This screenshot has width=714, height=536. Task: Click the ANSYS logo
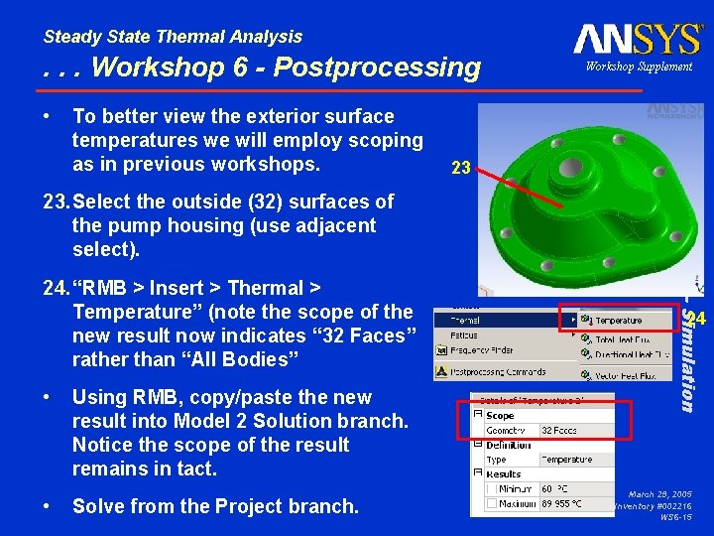point(638,40)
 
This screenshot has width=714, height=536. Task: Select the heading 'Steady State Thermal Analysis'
point(173,37)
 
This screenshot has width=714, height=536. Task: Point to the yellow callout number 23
point(460,169)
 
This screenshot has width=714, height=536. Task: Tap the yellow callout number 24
point(697,319)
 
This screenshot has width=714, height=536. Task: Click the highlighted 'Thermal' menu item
point(466,321)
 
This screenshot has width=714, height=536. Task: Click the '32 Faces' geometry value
point(559,431)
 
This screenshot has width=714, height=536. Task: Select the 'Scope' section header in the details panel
point(500,416)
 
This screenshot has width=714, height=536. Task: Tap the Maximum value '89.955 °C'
point(561,504)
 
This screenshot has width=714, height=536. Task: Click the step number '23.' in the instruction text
point(55,201)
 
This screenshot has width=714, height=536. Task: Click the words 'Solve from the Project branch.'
point(215,506)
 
